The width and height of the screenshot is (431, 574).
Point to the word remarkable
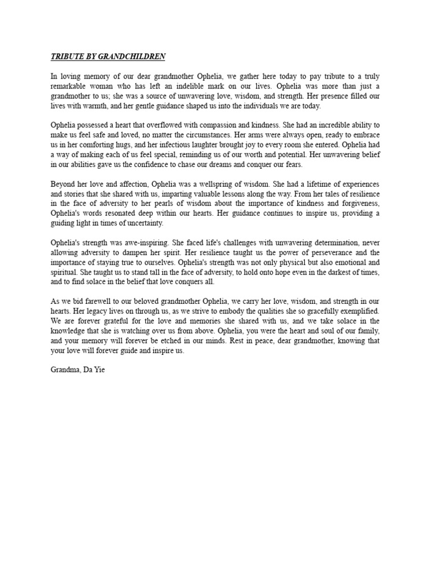tap(70, 86)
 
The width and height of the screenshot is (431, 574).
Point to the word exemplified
tap(358, 311)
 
